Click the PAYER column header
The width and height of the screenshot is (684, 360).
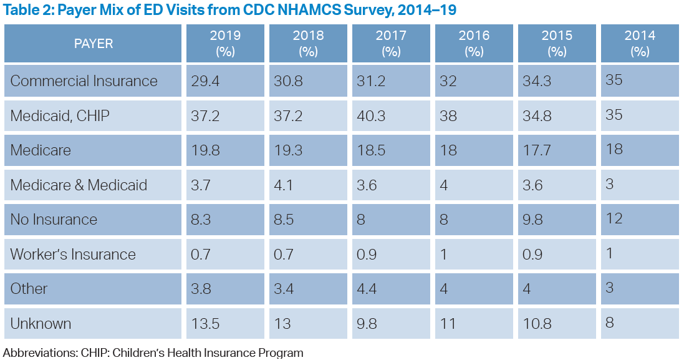pyautogui.click(x=94, y=44)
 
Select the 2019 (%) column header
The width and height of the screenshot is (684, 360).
pyautogui.click(x=225, y=44)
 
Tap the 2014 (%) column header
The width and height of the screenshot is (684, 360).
pyautogui.click(x=640, y=44)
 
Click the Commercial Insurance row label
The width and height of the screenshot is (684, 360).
pyautogui.click(x=84, y=81)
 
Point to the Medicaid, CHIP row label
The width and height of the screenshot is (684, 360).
pyautogui.click(x=60, y=116)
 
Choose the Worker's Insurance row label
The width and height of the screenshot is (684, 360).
pyautogui.click(x=73, y=255)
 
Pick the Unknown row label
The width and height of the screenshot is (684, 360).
pyautogui.click(x=41, y=324)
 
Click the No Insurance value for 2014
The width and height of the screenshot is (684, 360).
pyautogui.click(x=614, y=218)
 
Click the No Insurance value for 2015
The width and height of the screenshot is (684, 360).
pyautogui.click(x=534, y=220)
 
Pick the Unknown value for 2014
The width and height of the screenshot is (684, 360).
pyautogui.click(x=610, y=323)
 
